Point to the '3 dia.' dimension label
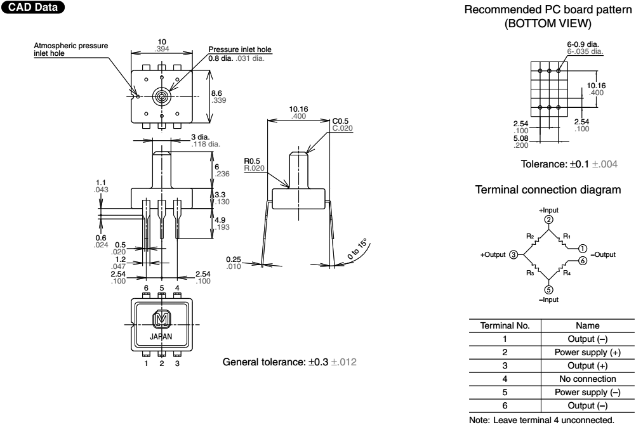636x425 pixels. click(201, 136)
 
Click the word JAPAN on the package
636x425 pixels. click(162, 337)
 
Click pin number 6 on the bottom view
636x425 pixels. click(146, 287)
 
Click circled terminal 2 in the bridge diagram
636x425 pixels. click(548, 219)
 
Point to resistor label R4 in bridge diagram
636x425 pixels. click(567, 273)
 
